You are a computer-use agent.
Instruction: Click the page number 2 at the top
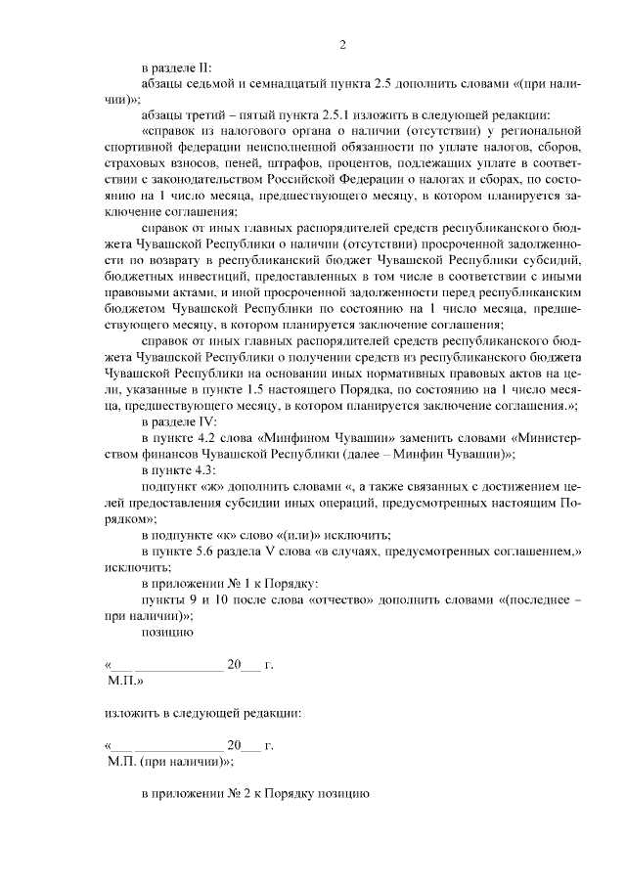pyautogui.click(x=343, y=44)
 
